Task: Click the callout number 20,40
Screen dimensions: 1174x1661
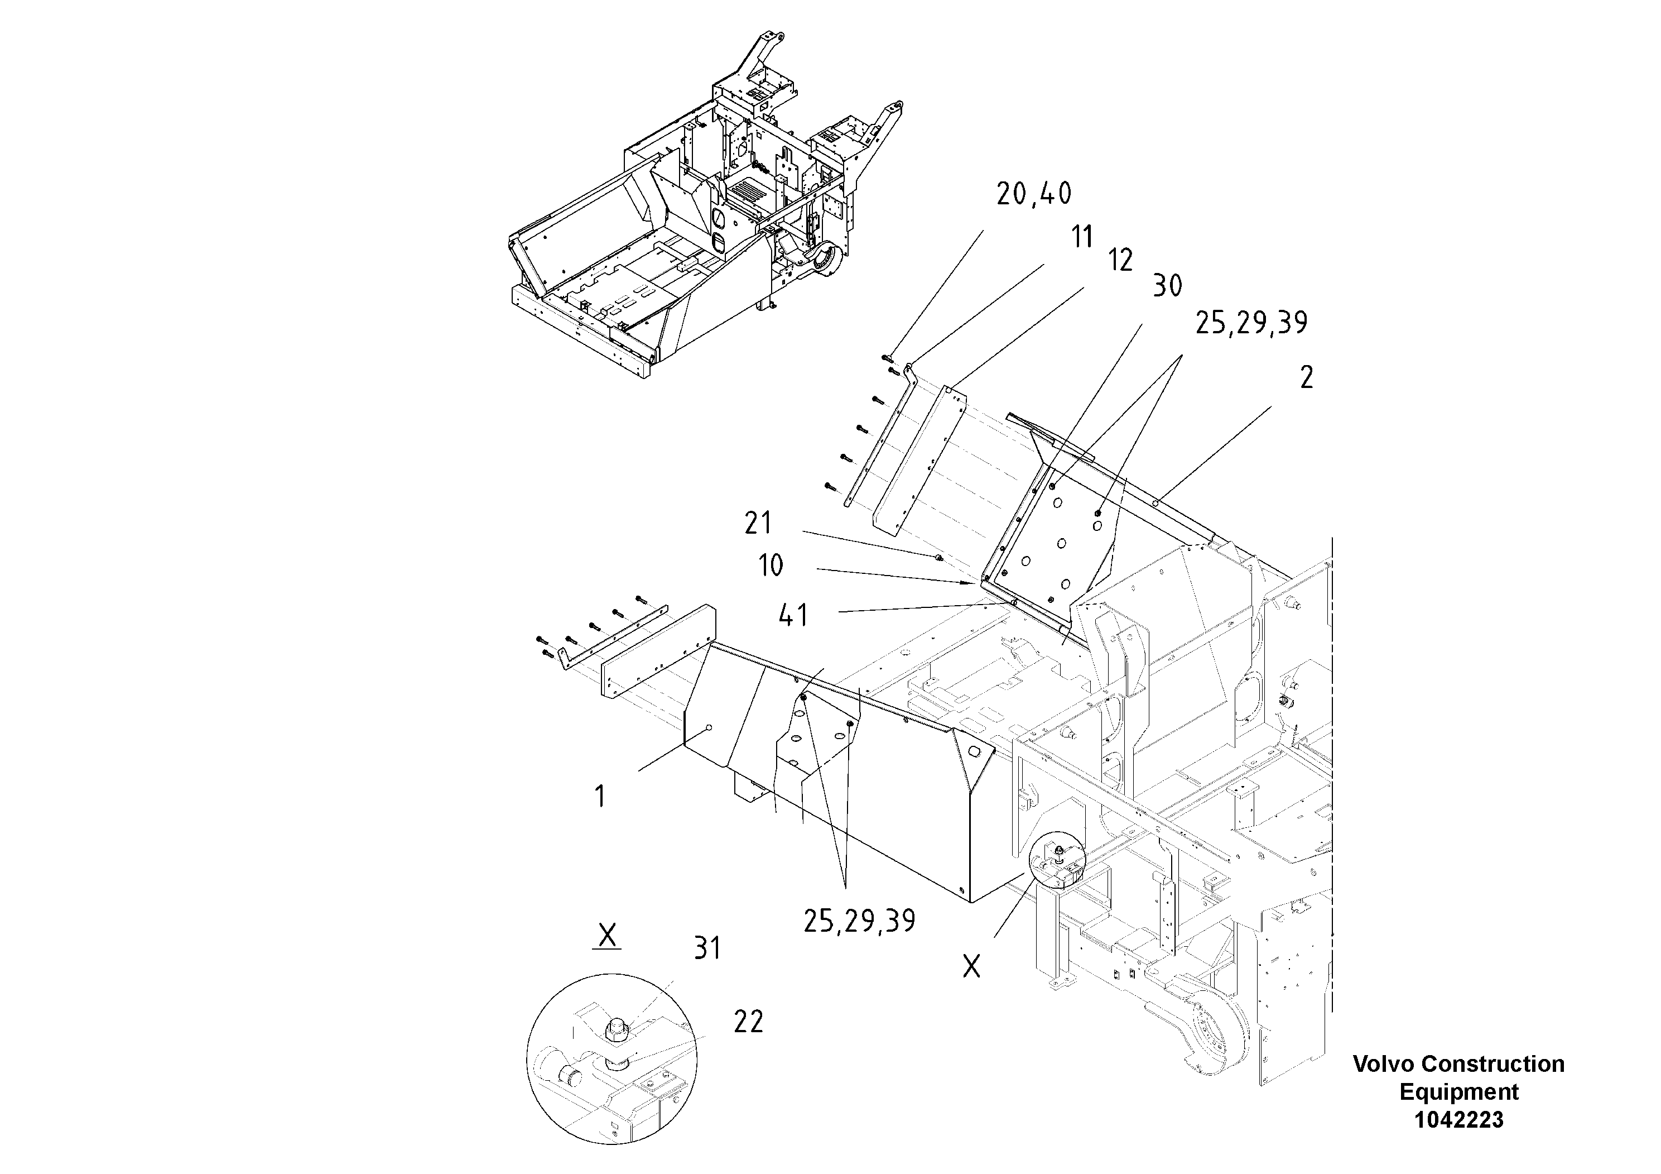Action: pos(1034,194)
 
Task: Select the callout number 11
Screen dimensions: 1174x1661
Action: pos(1082,237)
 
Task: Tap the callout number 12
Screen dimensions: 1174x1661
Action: pos(1120,261)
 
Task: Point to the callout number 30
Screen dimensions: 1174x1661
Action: pos(1167,286)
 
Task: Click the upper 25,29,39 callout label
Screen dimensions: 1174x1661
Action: pos(1251,323)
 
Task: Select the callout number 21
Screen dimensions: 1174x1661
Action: pos(758,523)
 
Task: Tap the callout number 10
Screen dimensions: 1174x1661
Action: pos(771,566)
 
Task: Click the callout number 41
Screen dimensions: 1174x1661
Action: pos(793,616)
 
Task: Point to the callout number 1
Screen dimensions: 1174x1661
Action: pos(600,797)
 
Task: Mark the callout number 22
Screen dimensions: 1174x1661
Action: pos(748,1022)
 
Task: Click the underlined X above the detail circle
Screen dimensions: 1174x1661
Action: pos(607,935)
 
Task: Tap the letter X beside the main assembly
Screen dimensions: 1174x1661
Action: pos(971,966)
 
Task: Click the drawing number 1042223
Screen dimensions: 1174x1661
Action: pos(1458,1120)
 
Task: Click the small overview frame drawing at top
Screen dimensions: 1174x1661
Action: pos(705,210)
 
